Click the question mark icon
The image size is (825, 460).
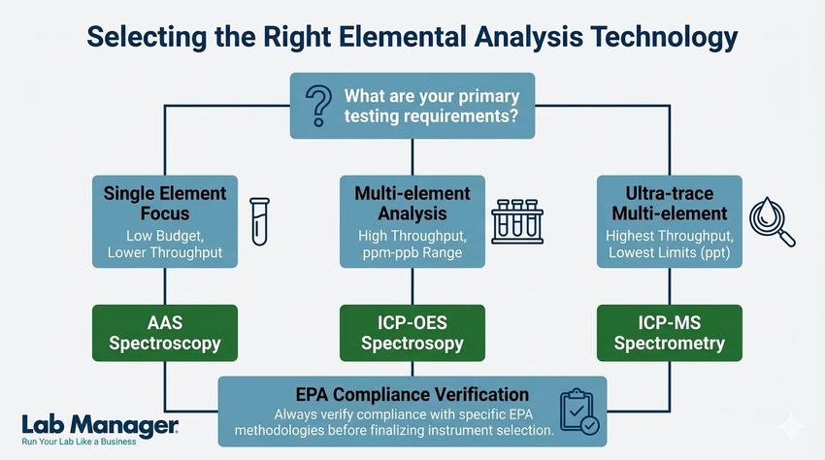318,106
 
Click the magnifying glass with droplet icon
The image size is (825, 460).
773,224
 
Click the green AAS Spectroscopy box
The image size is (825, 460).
164,332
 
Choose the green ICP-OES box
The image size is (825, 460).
412,332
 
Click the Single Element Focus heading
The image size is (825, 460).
164,203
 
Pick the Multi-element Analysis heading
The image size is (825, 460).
412,203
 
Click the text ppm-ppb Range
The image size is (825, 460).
412,252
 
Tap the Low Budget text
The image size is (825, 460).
164,236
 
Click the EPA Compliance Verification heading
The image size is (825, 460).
412,394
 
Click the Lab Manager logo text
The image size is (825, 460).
99,423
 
